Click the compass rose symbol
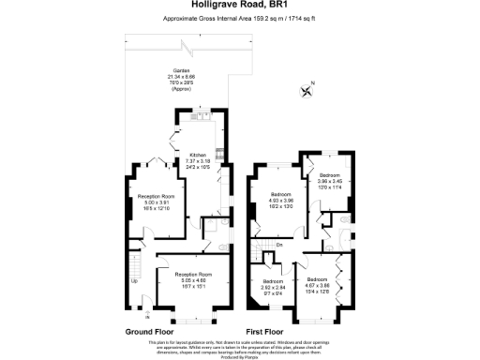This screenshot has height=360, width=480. pos(306,90)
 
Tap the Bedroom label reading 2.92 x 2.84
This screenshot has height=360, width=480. pos(273,288)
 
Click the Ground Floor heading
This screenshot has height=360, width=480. pos(149,332)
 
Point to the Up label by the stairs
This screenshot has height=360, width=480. pos(134,281)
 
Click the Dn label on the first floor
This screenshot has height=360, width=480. pos(279,246)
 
